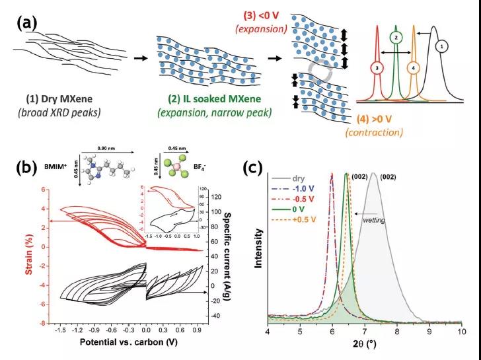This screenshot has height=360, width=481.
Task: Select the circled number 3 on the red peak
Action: [376, 67]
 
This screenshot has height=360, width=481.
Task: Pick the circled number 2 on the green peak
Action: [395, 38]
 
